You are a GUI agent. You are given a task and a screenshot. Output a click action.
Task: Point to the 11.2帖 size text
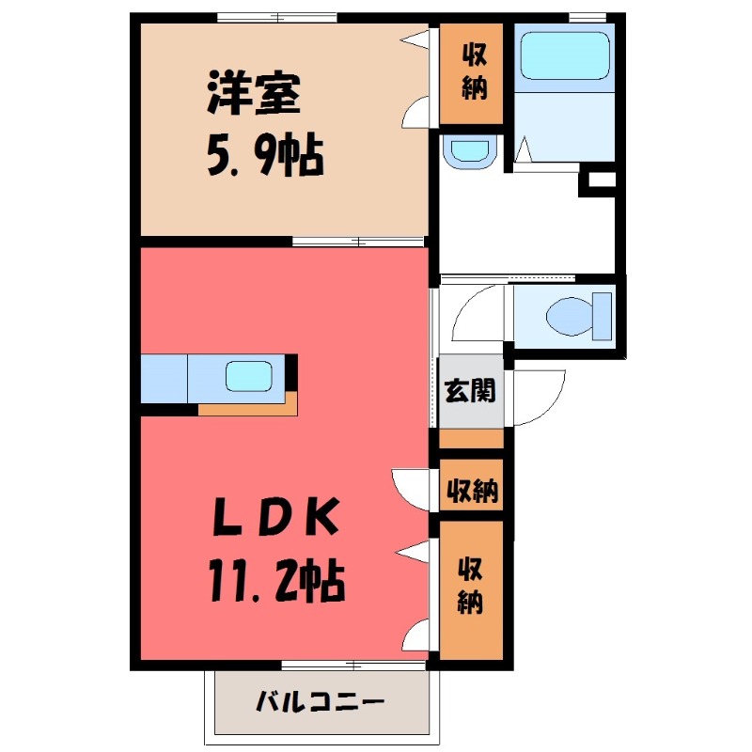coord(273,581)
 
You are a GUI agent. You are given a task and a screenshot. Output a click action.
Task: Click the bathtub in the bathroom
coord(565,56)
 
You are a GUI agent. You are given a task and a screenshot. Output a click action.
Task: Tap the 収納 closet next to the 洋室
coord(474,73)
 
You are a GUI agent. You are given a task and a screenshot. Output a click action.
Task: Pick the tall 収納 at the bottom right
coord(472,587)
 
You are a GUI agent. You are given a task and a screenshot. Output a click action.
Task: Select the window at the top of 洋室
coord(276,17)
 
